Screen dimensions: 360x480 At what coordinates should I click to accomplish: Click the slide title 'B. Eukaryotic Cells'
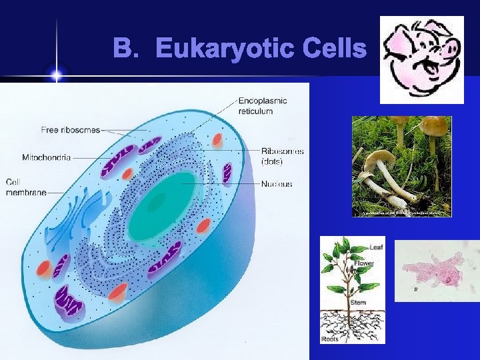239,48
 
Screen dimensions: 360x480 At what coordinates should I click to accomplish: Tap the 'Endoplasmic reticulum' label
263,106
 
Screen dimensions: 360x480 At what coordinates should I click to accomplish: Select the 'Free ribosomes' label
71,129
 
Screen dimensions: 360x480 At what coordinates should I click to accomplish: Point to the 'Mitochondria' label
47,158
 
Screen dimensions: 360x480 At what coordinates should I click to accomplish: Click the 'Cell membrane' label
25,187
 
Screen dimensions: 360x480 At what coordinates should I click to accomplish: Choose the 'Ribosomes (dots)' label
282,155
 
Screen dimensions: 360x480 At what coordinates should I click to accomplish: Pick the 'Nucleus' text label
276,184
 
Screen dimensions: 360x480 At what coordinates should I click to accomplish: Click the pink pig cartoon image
421,60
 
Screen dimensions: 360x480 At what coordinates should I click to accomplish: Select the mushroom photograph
401,166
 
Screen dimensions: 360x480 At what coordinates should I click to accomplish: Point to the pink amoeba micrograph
436,271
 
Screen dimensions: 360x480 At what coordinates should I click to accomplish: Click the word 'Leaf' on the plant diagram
376,247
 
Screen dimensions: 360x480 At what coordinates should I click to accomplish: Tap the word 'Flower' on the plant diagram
363,263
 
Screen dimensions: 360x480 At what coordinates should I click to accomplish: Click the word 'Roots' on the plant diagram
330,339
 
